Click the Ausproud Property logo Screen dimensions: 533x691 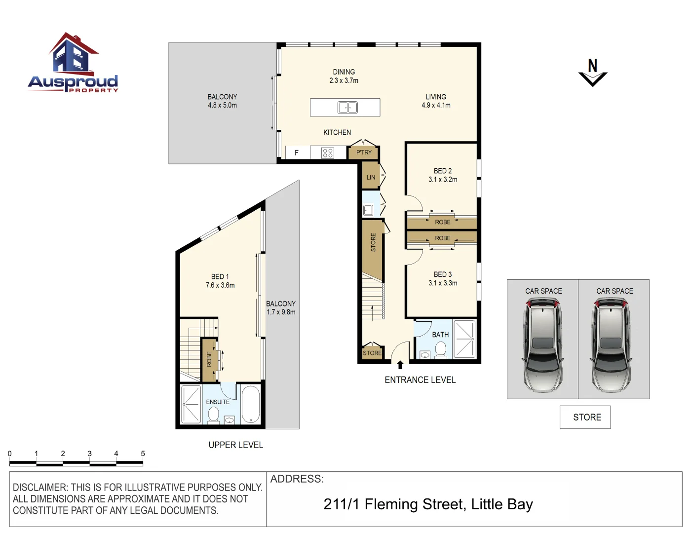pyautogui.click(x=73, y=63)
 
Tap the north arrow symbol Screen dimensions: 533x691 pyautogui.click(x=593, y=73)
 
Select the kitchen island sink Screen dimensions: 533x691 pyautogui.click(x=347, y=107)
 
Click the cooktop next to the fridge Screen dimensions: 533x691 pyautogui.click(x=328, y=152)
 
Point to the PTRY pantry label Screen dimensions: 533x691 pyautogui.click(x=364, y=152)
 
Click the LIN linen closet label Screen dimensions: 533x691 pyautogui.click(x=371, y=178)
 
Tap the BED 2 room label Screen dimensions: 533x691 pyautogui.click(x=443, y=171)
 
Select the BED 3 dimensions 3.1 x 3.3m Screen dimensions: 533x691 pyautogui.click(x=443, y=283)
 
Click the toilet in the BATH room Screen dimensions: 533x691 pyautogui.click(x=441, y=349)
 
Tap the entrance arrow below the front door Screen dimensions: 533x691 pyautogui.click(x=400, y=365)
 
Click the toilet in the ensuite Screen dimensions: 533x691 pyautogui.click(x=214, y=415)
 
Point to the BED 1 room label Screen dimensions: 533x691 pyautogui.click(x=220, y=277)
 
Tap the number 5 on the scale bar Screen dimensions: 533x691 pyautogui.click(x=143, y=454)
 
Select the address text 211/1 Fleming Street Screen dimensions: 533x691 pyautogui.click(x=394, y=504)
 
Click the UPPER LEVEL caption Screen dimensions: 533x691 pyautogui.click(x=236, y=445)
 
